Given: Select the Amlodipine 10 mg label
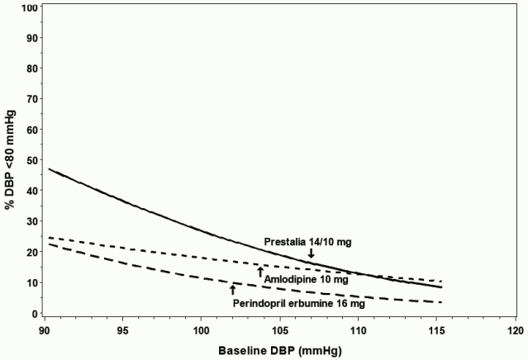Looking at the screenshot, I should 305,280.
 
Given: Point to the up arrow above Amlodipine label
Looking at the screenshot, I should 260,271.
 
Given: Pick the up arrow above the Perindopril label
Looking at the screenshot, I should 232,288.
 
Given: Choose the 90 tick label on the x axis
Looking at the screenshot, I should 46,330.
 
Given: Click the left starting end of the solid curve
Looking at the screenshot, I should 49,168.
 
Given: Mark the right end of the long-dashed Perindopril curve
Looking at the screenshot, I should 442,301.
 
